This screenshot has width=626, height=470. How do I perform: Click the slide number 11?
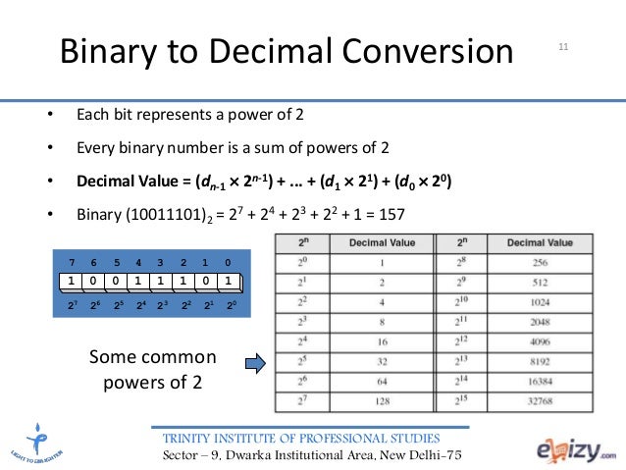(564, 45)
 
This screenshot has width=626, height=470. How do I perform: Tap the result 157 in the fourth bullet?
(389, 215)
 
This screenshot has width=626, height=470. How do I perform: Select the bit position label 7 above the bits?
(71, 263)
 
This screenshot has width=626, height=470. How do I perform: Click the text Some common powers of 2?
(153, 366)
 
